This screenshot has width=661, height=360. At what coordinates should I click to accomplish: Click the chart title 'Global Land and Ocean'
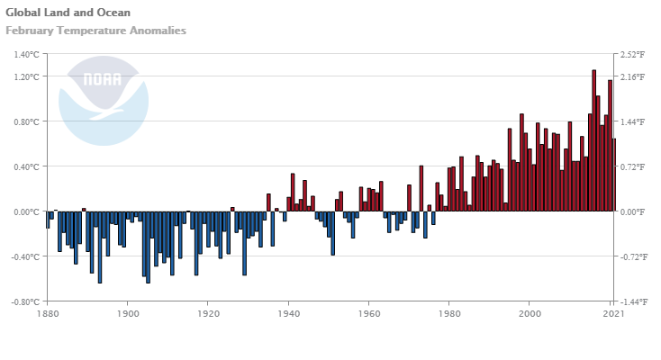pyautogui.click(x=68, y=13)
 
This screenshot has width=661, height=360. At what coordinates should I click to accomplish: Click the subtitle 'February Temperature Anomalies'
pyautogui.click(x=95, y=31)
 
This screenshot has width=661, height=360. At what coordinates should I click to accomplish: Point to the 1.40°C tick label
pyautogui.click(x=27, y=54)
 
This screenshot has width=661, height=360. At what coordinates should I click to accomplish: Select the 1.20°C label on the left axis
pyautogui.click(x=27, y=76)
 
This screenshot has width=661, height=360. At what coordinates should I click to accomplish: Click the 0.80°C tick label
pyautogui.click(x=27, y=121)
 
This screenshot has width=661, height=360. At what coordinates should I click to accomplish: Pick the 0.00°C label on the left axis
pyautogui.click(x=27, y=211)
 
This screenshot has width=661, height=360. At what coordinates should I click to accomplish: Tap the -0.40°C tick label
pyautogui.click(x=25, y=256)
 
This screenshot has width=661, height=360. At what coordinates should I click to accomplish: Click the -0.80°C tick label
pyautogui.click(x=25, y=301)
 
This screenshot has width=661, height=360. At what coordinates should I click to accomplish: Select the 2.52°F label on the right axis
pyautogui.click(x=631, y=54)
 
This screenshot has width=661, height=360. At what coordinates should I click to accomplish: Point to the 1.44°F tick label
pyautogui.click(x=631, y=121)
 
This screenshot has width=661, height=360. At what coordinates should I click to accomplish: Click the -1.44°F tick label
pyautogui.click(x=632, y=301)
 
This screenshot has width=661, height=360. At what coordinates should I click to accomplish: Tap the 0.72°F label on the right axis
pyautogui.click(x=631, y=166)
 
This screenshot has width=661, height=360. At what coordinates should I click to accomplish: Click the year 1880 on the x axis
pyautogui.click(x=48, y=314)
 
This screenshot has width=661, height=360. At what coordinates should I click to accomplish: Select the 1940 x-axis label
pyautogui.click(x=288, y=314)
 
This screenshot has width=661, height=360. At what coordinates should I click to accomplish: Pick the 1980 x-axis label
pyautogui.click(x=449, y=314)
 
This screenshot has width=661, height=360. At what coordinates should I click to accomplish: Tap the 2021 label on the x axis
pyautogui.click(x=612, y=314)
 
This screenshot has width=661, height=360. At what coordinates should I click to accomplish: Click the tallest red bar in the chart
pyautogui.click(x=594, y=140)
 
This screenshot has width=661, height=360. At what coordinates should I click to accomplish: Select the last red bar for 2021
pyautogui.click(x=614, y=175)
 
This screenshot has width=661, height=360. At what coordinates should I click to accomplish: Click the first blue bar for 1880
pyautogui.click(x=48, y=220)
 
